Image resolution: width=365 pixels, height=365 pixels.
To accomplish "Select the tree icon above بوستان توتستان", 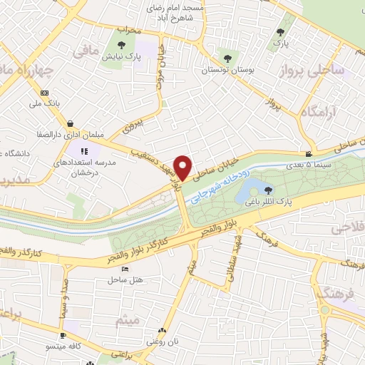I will click(227, 58).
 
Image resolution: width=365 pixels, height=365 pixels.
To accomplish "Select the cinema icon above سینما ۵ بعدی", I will click(309, 155).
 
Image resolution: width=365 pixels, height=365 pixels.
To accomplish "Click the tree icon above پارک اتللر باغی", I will click(268, 190).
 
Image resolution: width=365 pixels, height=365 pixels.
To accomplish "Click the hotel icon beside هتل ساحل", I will click(125, 269).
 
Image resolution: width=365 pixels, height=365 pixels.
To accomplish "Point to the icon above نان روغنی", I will click(163, 331).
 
